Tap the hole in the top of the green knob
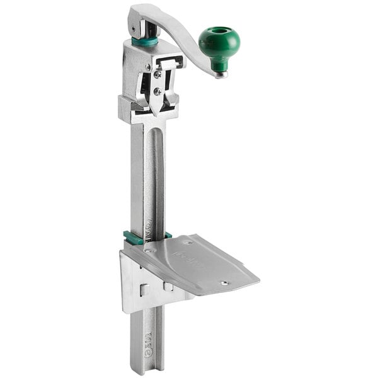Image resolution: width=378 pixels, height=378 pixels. [219, 31]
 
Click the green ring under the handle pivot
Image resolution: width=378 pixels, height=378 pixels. [145, 42]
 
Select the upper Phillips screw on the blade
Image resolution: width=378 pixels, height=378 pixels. [157, 74]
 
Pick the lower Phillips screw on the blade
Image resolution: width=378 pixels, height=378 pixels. [157, 92]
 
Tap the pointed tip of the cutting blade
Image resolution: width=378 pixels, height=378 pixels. [154, 113]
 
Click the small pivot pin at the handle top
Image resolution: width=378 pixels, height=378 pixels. [133, 28]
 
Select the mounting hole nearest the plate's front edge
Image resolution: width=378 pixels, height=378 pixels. [225, 283]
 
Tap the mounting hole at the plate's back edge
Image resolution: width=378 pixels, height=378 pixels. [188, 241]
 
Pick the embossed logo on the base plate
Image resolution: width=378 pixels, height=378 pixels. [183, 258]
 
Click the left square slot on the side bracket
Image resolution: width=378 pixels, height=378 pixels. [144, 289]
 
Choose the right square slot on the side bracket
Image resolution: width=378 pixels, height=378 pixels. [168, 287]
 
